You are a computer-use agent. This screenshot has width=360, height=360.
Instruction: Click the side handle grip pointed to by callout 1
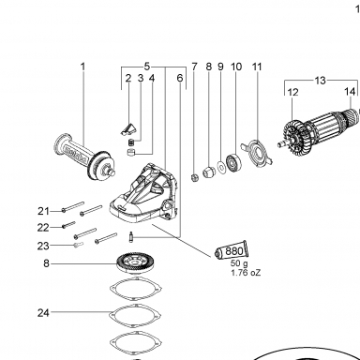(x=84, y=157)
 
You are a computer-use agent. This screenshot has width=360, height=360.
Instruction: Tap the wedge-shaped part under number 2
(x=128, y=128)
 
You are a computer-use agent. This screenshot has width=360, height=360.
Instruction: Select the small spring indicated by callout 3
(x=132, y=142)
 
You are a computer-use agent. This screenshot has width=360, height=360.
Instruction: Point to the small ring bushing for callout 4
(x=130, y=153)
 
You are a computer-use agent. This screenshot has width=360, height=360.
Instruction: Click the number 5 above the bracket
(x=147, y=67)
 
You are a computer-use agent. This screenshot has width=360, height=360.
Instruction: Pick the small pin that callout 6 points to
(x=131, y=236)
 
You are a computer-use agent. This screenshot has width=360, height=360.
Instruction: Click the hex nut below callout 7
(x=194, y=178)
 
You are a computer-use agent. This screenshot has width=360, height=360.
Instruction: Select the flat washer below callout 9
(x=221, y=167)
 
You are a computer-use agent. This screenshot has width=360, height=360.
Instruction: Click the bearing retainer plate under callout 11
(x=257, y=153)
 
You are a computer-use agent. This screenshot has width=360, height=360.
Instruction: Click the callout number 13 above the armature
(x=320, y=81)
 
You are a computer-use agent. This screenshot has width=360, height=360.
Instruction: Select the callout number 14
(x=350, y=92)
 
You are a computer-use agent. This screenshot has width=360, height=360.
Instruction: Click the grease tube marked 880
(x=231, y=251)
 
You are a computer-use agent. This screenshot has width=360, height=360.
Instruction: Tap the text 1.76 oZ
(x=246, y=273)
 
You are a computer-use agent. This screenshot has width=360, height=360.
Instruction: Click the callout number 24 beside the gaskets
(x=43, y=312)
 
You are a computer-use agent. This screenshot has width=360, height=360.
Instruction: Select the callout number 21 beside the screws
(x=43, y=211)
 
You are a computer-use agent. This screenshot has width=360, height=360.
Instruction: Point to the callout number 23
(x=43, y=246)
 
